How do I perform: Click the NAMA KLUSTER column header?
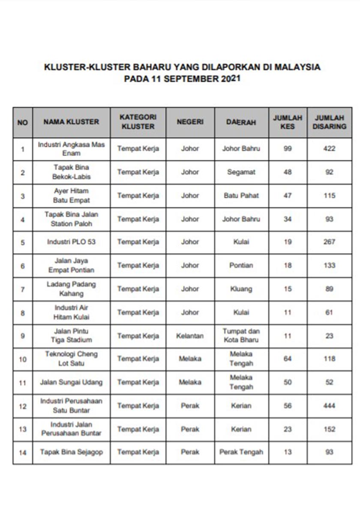point(71,122)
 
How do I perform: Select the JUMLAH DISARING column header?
point(329,122)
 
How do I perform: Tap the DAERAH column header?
point(241,122)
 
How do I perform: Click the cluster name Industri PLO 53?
point(71,242)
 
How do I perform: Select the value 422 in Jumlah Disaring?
point(329,149)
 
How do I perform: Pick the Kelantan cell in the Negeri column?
point(190,336)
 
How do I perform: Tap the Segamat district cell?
point(241,172)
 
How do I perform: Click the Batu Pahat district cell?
point(241,196)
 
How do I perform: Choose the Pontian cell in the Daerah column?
point(241,266)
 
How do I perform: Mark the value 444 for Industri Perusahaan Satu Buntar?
point(329,406)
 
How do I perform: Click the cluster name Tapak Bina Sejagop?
point(71,452)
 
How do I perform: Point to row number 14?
point(23,452)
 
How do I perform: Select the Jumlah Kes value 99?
point(288,149)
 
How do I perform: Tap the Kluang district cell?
point(241,289)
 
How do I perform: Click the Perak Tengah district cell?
point(241,452)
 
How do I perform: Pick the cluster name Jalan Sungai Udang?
point(71,382)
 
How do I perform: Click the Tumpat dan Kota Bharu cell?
point(241,336)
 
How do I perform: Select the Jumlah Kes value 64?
point(288,359)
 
